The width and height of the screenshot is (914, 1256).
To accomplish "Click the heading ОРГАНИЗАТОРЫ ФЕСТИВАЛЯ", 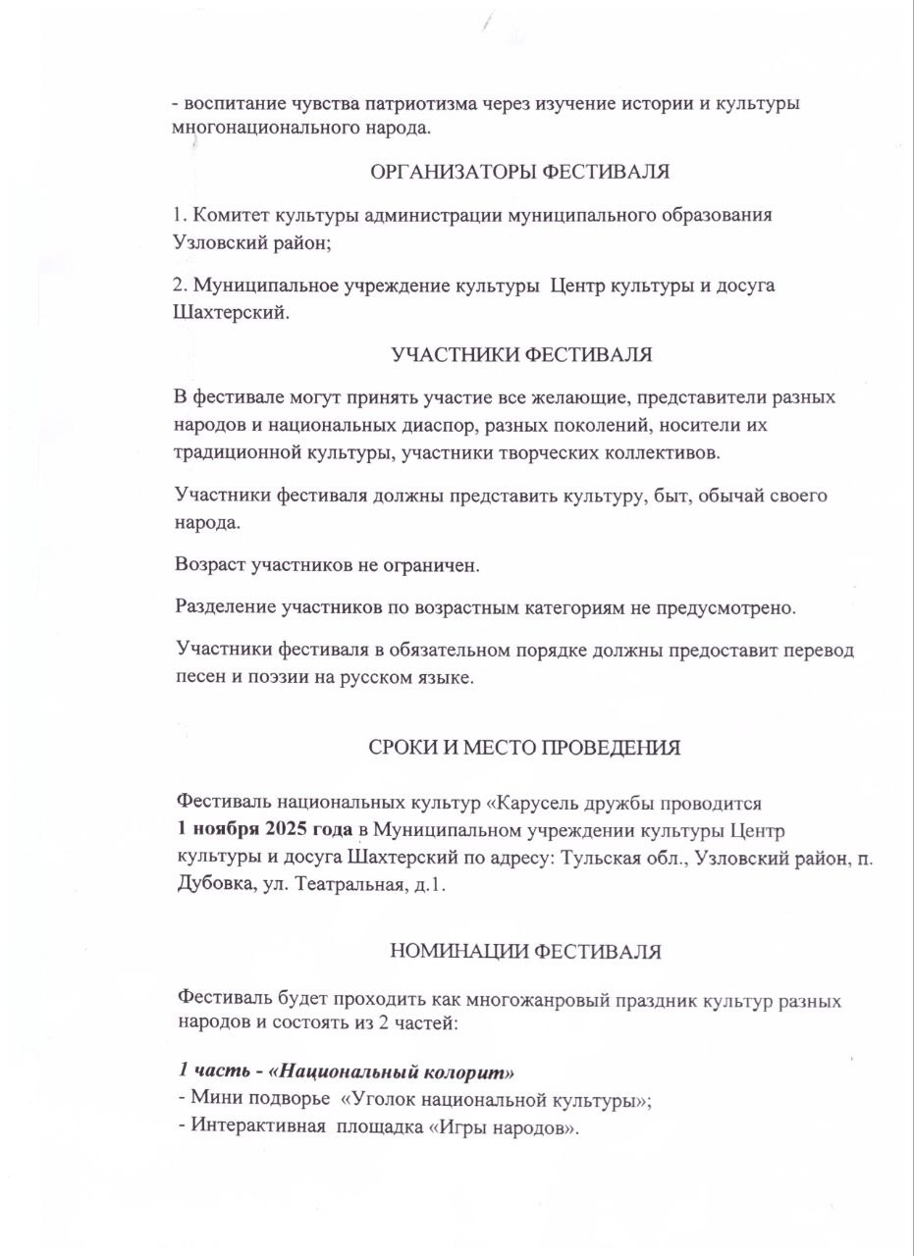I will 519,173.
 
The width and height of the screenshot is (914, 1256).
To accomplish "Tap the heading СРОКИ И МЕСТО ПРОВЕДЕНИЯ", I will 524,747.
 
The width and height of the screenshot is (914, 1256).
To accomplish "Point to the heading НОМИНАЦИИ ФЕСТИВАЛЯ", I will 525,951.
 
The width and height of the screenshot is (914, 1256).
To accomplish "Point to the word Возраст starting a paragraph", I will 211,565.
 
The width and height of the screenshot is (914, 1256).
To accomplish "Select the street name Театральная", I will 349,882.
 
